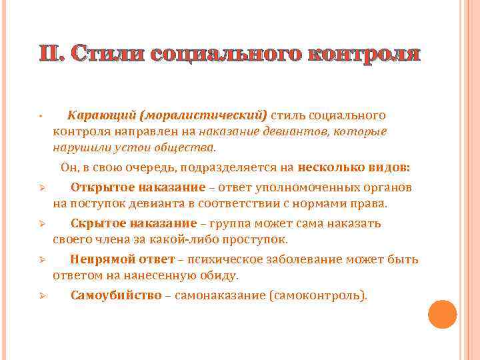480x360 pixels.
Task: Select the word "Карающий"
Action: (99, 115)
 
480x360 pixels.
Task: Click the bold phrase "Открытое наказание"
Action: (129, 187)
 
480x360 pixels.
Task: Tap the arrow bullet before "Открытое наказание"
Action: (41, 187)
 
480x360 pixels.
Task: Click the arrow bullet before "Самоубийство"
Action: (41, 296)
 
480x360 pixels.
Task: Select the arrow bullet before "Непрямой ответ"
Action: (41, 260)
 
